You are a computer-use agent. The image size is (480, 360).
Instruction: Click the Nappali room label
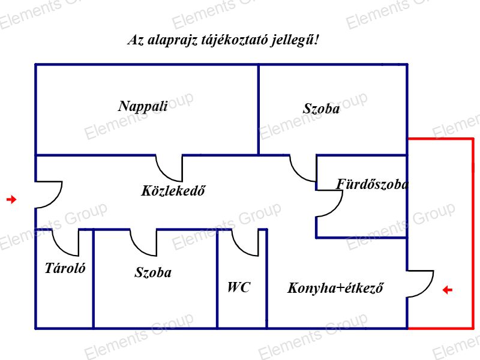tap(143, 107)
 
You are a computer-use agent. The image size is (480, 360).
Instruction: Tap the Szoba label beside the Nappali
tap(321, 109)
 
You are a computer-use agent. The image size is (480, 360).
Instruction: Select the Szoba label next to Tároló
tap(153, 272)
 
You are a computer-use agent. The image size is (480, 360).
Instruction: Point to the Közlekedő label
tap(173, 191)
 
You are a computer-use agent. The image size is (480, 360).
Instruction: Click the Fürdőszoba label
tap(372, 184)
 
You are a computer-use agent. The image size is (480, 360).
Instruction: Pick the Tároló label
tap(65, 268)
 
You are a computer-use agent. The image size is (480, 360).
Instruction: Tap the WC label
tap(238, 287)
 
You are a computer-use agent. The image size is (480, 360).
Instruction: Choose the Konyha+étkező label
tap(335, 288)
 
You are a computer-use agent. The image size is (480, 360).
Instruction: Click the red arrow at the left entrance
tap(11, 200)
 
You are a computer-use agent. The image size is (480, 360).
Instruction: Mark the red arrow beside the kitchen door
tap(448, 290)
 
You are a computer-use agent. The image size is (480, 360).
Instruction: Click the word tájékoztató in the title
tap(234, 40)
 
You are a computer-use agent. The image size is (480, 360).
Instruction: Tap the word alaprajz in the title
tap(172, 41)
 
